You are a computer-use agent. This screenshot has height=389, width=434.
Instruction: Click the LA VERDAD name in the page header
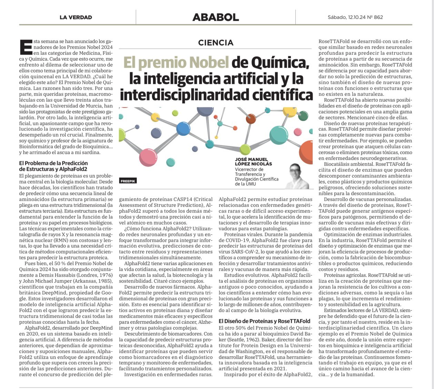click(75, 17)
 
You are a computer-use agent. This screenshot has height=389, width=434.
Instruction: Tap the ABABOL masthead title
click(215, 17)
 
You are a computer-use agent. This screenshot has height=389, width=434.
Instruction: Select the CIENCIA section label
click(216, 43)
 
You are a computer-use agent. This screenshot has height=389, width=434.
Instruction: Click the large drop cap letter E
click(26, 47)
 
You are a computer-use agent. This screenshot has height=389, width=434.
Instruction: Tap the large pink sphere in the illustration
click(148, 157)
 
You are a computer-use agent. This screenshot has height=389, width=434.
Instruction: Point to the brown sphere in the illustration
click(251, 119)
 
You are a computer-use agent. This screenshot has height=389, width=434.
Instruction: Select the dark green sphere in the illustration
click(303, 116)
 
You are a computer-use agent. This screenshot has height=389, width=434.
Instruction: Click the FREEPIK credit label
click(128, 181)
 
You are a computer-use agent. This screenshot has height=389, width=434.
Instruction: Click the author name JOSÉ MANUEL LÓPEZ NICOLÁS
click(253, 161)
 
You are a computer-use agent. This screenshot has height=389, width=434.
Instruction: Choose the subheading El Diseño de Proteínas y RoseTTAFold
click(264, 321)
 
